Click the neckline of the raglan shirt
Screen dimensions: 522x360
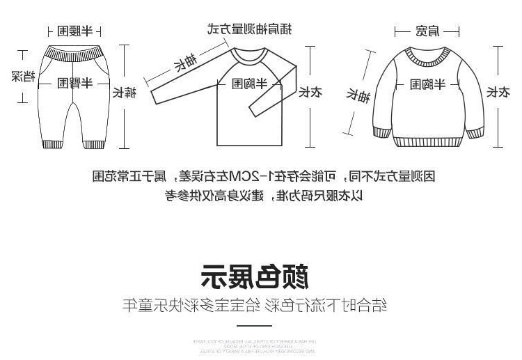click(249, 46)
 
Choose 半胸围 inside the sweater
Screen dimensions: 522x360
click(426, 84)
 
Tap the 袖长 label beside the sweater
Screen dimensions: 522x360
click(361, 95)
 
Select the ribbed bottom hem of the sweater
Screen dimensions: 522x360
click(426, 139)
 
